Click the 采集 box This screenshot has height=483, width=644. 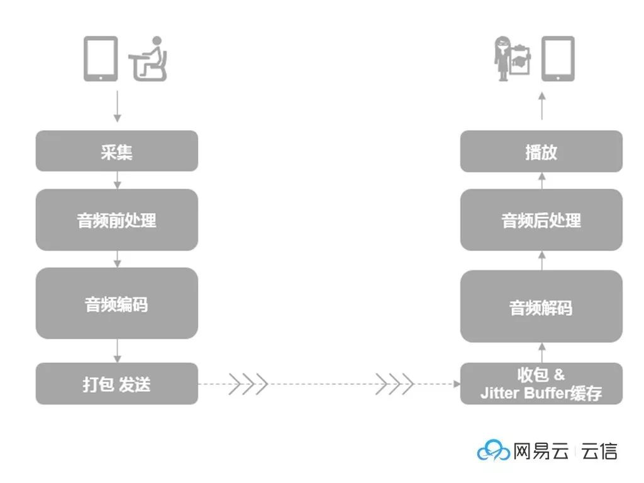116,151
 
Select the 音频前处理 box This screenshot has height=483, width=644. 116,220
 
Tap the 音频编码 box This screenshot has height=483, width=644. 116,303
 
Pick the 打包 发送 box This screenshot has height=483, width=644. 116,384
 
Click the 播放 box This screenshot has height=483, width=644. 541,151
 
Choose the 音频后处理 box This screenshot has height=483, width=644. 541,220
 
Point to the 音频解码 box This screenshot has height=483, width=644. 541,307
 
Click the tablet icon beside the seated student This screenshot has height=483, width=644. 101,58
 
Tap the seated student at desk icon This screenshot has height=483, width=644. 149,60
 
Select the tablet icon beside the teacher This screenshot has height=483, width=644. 558,58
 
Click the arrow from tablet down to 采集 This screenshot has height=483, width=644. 116,107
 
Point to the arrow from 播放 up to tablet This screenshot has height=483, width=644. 541,107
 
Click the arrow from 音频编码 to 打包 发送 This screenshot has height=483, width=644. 116,351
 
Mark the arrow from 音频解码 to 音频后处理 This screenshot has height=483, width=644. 541,260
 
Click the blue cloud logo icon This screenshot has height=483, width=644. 493,450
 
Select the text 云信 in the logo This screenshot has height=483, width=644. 599,451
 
